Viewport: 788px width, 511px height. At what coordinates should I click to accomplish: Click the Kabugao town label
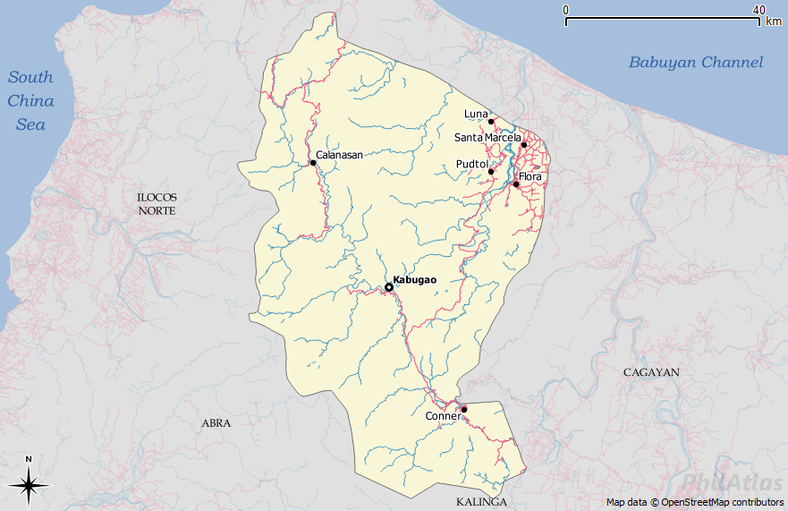pos(415,280)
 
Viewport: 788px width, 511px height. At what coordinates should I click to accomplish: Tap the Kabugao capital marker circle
pos(389,287)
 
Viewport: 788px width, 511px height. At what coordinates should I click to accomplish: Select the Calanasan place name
pos(339,155)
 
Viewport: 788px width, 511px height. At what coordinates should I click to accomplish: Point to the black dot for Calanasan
pos(313,163)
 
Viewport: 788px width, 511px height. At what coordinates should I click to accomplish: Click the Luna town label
pos(476,114)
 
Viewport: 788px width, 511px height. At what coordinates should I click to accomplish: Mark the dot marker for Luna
pos(491,121)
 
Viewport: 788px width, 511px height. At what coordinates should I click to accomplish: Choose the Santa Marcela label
pos(487,137)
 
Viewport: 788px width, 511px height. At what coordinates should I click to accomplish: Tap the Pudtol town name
pos(471,165)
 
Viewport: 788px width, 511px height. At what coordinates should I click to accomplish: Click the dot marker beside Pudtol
pos(491,172)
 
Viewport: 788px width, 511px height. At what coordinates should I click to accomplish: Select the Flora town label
pos(530,177)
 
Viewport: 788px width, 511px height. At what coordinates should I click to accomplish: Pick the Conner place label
pos(443,416)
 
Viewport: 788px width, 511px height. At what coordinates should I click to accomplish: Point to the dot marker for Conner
pos(464,409)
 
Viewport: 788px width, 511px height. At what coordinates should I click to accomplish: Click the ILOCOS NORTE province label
pos(157,203)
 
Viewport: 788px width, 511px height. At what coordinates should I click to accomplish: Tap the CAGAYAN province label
pos(652,371)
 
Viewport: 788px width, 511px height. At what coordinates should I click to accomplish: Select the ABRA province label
pos(216,423)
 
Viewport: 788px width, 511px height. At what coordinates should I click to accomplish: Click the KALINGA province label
pos(481,502)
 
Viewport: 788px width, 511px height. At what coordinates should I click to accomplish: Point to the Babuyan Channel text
pos(696,62)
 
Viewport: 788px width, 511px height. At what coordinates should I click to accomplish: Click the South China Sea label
pos(31,100)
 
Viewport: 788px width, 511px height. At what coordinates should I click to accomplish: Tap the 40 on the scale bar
pos(758,10)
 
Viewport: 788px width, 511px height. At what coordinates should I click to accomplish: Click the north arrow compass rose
pos(29,485)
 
